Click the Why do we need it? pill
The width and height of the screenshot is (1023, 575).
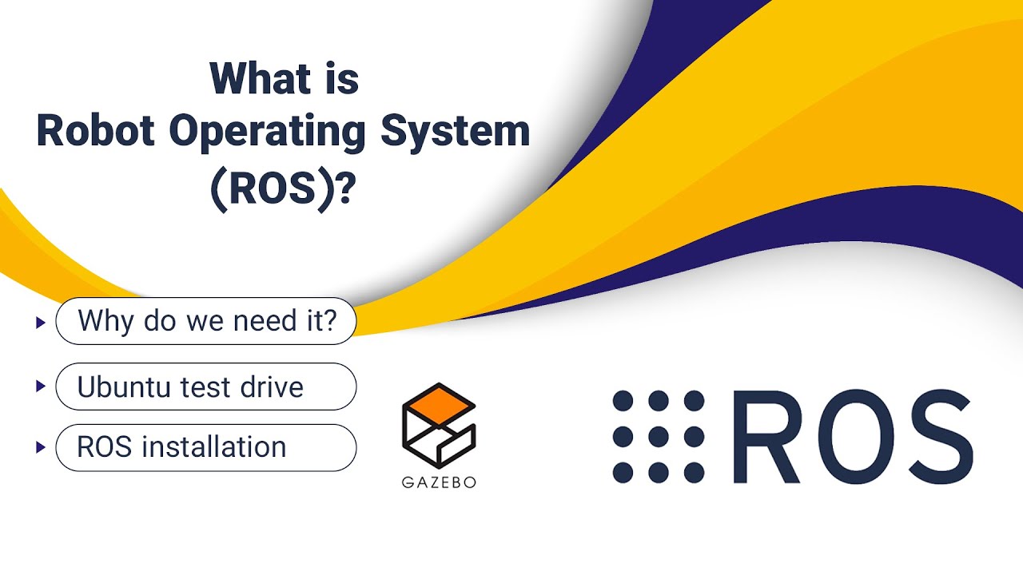pyautogui.click(x=206, y=322)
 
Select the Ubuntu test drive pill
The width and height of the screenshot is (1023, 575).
pyautogui.click(x=206, y=387)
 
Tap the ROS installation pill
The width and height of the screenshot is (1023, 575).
pyautogui.click(x=206, y=447)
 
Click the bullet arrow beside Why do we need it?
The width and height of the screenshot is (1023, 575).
pyautogui.click(x=40, y=323)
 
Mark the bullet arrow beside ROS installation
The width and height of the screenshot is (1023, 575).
pyautogui.click(x=40, y=447)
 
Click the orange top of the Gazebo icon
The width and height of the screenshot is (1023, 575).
pyautogui.click(x=439, y=402)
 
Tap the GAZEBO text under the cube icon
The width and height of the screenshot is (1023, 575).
pyautogui.click(x=439, y=482)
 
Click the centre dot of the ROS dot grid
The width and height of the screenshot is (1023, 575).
pyautogui.click(x=659, y=437)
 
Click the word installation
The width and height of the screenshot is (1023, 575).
pyautogui.click(x=213, y=447)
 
